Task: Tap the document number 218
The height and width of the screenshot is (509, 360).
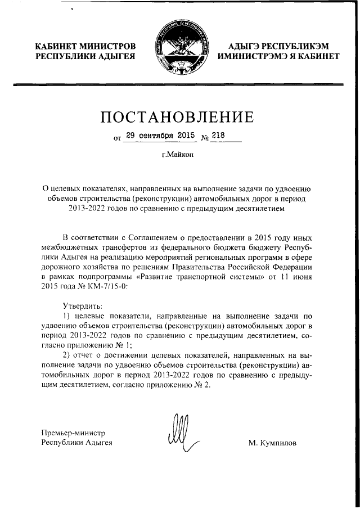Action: [x=218, y=136]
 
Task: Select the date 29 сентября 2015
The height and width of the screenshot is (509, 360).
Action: [x=160, y=136]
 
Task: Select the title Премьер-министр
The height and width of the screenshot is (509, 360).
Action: [x=73, y=433]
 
